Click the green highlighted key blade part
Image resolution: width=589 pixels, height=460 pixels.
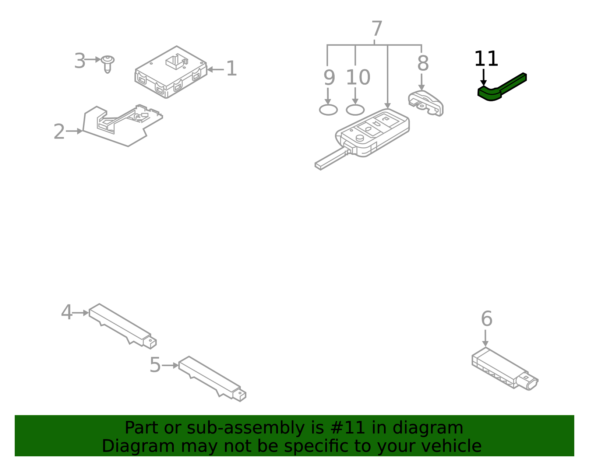click(502, 88)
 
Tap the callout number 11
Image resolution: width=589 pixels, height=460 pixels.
click(486, 59)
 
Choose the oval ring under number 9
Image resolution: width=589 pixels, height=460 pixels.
click(328, 110)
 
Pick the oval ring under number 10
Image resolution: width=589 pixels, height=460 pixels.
click(355, 110)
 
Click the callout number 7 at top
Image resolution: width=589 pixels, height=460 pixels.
click(377, 29)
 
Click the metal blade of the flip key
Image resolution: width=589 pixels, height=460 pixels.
click(330, 159)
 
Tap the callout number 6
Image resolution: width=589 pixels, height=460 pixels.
click(486, 319)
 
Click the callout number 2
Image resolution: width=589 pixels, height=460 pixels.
click(59, 132)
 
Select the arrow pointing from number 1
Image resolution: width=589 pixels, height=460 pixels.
click(215, 69)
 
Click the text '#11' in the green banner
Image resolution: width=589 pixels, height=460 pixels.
click(348, 428)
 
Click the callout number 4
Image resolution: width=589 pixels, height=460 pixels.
click(66, 313)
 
